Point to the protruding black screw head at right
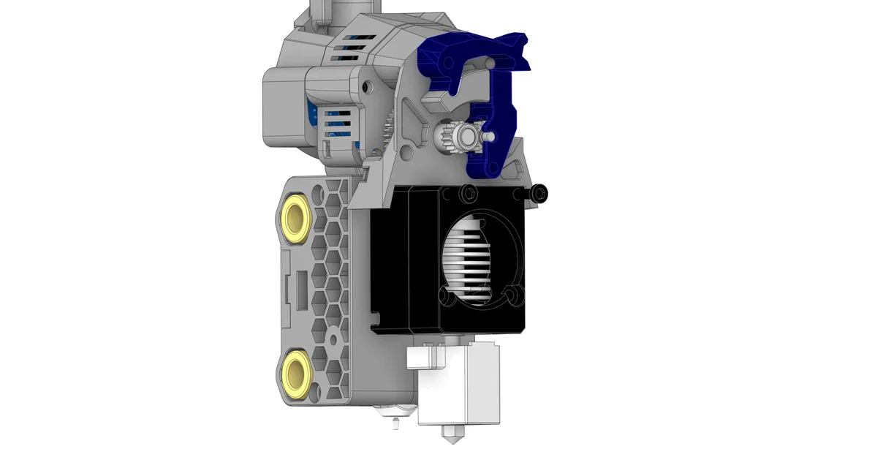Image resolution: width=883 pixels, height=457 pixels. pos(539,193)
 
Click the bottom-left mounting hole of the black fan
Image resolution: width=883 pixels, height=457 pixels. pos(447,295)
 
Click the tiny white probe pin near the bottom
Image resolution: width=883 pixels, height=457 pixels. pos(395,423)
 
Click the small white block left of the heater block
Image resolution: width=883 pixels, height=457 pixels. pos(425,358)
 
